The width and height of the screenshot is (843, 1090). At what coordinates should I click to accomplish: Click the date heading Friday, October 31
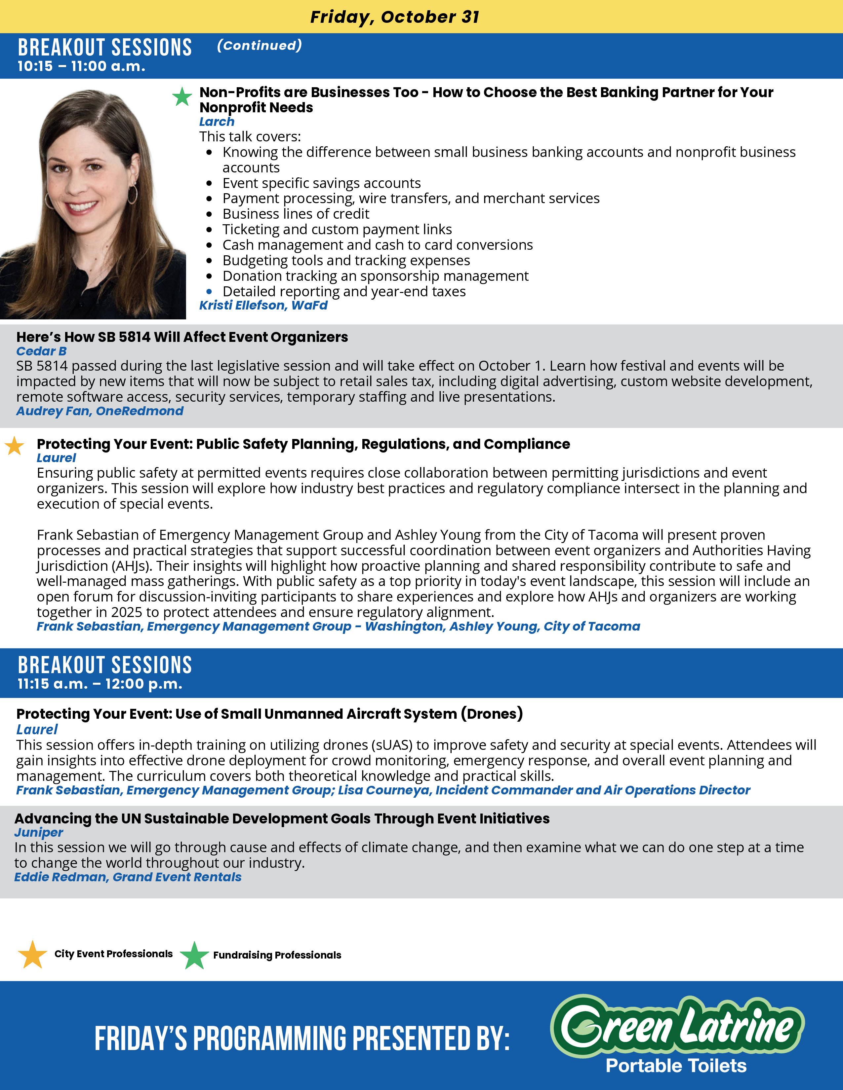coord(394,17)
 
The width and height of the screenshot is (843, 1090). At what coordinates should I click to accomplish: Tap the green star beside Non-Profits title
coord(182,97)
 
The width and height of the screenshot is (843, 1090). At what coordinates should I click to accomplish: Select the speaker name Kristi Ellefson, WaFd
coord(263,306)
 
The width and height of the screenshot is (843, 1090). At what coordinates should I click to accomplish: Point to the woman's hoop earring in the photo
coord(132,195)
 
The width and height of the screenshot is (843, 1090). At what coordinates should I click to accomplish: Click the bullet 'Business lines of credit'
coord(296,214)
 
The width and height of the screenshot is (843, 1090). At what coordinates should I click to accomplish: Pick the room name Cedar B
coord(41,351)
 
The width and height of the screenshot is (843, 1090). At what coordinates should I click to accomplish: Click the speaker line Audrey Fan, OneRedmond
coord(100,411)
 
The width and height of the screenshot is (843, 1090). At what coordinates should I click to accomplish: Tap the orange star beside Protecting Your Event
coord(15,446)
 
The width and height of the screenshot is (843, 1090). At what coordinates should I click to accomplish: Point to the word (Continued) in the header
coord(259,46)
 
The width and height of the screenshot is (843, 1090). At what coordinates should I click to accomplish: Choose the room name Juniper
coord(38,832)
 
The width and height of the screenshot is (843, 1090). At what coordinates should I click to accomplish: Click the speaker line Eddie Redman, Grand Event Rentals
coord(128,877)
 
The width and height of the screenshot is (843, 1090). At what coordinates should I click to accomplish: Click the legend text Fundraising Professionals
coord(277,955)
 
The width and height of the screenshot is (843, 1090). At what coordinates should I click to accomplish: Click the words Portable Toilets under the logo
coord(676,1066)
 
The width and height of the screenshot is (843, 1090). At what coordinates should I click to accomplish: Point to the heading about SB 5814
coord(182,337)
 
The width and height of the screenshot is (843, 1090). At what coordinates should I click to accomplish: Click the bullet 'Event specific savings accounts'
coord(322,183)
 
